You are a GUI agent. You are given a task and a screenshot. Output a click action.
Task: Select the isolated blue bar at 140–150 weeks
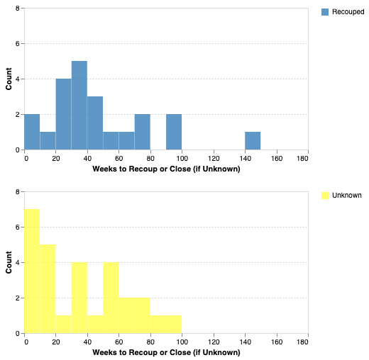coord(253,141)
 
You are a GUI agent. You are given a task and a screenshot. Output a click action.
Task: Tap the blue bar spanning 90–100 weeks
coord(174,133)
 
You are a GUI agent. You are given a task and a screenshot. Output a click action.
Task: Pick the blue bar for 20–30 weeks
coord(64,115)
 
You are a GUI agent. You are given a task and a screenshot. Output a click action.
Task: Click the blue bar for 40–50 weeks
coord(95,123)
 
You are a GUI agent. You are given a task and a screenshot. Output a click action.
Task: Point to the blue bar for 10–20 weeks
coord(48,141)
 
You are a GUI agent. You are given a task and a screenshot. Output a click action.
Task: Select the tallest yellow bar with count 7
coord(32,271)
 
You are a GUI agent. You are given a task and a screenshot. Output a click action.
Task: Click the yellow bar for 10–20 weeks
coord(48,289)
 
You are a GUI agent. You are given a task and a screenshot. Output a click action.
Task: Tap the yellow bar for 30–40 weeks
coord(79,298)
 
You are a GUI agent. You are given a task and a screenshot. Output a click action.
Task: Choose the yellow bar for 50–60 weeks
coord(111,298)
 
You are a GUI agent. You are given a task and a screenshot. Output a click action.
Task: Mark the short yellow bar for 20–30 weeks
coord(64,325)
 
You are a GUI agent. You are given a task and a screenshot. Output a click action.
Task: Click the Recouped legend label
coord(348,12)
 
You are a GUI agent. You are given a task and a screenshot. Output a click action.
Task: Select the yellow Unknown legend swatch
coord(326,195)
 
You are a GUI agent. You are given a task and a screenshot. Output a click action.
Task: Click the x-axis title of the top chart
coord(166,169)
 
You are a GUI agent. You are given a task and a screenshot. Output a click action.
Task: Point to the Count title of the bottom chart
coord(9,262)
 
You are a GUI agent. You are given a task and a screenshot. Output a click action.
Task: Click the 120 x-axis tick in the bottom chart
coord(214,342)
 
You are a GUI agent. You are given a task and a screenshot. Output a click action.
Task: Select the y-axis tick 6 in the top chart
coord(18,44)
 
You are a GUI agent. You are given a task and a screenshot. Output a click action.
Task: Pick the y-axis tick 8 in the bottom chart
coord(18,192)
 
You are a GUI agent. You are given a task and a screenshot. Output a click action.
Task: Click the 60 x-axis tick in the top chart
coord(119,158)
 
